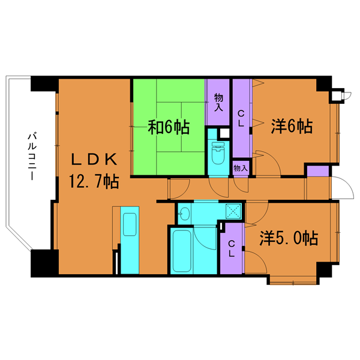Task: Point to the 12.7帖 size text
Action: pos(94,181)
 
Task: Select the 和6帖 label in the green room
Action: pos(169,127)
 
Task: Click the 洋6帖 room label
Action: pos(290,127)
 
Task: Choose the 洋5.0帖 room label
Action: pos(288,238)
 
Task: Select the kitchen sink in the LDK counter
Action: pos(130,223)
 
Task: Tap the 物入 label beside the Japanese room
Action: pos(218,103)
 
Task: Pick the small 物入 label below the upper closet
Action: pos(240,169)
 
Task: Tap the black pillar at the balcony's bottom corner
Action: pos(44,262)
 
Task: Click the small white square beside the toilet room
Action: pos(224,134)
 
